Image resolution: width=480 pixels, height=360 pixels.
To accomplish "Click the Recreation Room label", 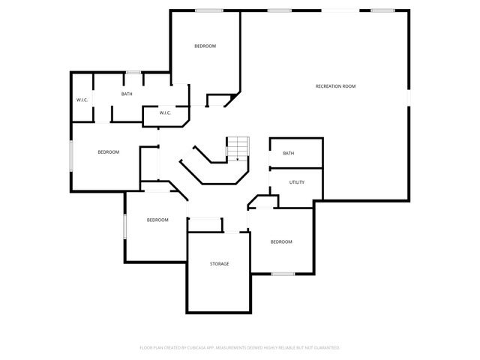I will (x=335, y=86).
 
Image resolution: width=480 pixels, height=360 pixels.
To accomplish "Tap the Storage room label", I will (x=219, y=263).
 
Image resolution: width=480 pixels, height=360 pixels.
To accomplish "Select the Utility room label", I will (x=297, y=181).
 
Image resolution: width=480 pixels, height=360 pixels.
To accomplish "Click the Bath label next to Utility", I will (x=289, y=153).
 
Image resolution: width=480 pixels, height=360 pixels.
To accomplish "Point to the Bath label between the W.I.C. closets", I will (x=127, y=94).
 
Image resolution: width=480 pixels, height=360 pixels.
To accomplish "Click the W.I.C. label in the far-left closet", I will (x=82, y=100).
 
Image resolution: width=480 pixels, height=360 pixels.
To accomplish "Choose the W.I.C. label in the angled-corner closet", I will (x=165, y=113).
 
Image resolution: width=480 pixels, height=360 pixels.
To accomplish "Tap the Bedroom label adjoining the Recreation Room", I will (x=205, y=46).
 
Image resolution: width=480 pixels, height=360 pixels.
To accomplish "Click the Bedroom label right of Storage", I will (x=280, y=241).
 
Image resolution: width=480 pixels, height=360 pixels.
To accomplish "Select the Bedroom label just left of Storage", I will (x=157, y=220).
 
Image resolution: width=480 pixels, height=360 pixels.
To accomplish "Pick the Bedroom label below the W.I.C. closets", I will (x=109, y=152).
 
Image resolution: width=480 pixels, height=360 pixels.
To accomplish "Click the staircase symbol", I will (x=237, y=148).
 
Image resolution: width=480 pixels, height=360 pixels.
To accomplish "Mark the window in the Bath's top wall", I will (x=133, y=72).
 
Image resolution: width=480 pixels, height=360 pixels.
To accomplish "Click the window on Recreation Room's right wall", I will (x=410, y=98).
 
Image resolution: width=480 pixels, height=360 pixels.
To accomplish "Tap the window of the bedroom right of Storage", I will (x=282, y=274).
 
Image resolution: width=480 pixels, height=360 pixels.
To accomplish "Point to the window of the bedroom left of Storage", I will (x=125, y=227).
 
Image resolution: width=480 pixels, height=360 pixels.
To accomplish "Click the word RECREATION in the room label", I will (x=328, y=86).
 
